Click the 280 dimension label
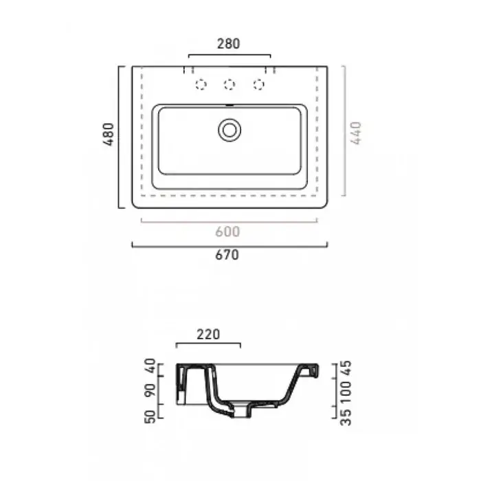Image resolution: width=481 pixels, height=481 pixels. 228,43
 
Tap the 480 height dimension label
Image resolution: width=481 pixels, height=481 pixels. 109,134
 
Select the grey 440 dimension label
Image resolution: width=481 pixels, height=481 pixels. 356,133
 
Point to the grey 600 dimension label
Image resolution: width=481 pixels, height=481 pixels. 227,232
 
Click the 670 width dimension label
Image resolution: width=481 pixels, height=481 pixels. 227,255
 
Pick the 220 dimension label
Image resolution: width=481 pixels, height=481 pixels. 208,335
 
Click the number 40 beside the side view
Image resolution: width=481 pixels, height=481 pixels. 150,366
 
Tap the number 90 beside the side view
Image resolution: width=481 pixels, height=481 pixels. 150,390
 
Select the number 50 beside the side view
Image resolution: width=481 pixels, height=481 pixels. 150,416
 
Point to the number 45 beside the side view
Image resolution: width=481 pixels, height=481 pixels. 346,368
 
